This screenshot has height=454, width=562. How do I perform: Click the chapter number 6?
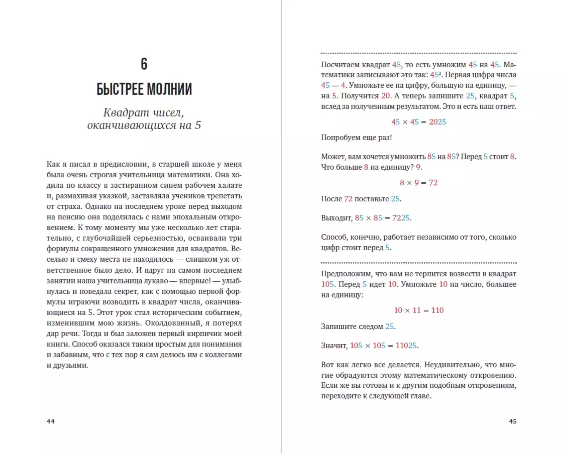144,64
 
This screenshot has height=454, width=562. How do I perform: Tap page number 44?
51,421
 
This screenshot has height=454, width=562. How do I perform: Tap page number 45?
512,421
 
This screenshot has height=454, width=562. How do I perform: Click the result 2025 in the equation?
437,122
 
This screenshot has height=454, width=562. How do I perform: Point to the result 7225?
401,218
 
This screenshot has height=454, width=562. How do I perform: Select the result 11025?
406,346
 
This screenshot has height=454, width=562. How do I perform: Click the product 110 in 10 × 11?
437,310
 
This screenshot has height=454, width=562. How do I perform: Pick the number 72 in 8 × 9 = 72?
433,183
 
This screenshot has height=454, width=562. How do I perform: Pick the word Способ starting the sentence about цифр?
334,237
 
